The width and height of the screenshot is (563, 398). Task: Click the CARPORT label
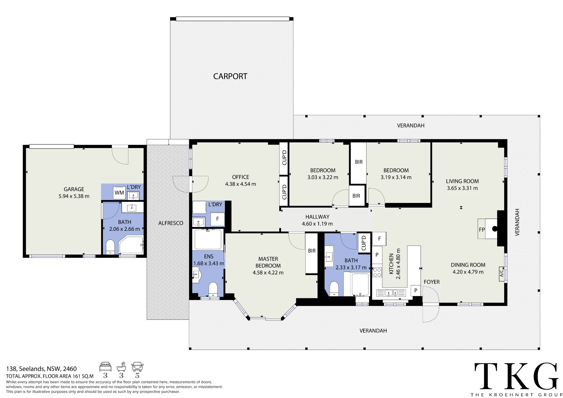[230, 76]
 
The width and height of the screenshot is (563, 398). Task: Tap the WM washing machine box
[119, 193]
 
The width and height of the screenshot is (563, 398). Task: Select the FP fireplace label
[482, 230]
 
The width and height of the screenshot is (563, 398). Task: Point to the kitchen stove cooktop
[377, 272]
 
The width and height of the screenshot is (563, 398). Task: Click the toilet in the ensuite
[213, 289]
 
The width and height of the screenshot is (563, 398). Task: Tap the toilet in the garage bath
[110, 247]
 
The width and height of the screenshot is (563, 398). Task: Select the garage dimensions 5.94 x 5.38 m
[74, 196]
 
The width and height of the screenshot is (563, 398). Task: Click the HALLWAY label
[317, 217]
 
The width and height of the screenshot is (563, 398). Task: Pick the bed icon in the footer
[105, 367]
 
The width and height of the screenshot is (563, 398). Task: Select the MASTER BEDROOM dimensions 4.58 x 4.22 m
[268, 272]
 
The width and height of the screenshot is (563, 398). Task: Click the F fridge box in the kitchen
[379, 239]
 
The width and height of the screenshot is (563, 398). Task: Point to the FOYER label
[432, 282]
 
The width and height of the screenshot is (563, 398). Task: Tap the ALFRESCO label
[171, 223]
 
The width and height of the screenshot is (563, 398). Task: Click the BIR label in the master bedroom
[312, 251]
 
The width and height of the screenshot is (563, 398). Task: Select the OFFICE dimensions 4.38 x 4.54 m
[240, 184]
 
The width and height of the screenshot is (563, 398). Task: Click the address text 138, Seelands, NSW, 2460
[41, 369]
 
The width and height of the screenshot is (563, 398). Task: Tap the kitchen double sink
[391, 293]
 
